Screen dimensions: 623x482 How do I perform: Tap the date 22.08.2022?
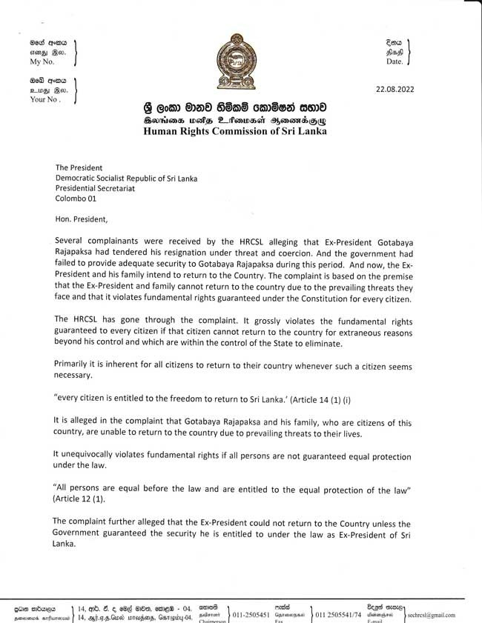pos(394,90)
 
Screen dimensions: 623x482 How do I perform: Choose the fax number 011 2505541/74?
pos(338,615)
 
